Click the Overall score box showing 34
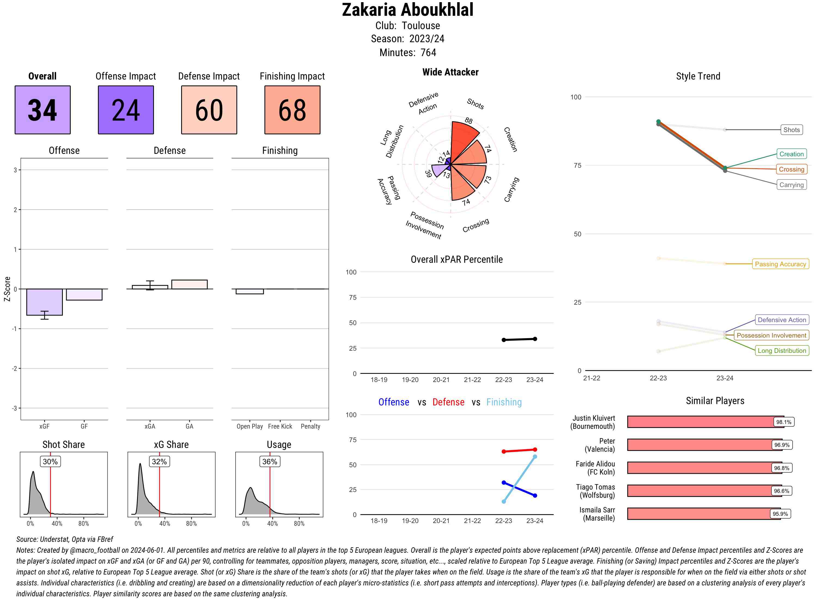[x=42, y=110]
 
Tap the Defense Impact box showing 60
[x=209, y=110]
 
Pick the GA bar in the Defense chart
[x=189, y=284]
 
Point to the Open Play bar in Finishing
[x=249, y=291]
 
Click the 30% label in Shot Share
[x=50, y=462]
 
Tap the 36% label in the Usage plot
[x=270, y=462]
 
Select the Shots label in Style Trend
[x=791, y=130]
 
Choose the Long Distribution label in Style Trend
[x=782, y=351]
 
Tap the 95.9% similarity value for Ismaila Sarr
[x=780, y=514]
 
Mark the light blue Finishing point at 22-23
[x=503, y=502]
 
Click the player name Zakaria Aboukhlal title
[x=407, y=10]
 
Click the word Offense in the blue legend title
[x=394, y=402]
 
